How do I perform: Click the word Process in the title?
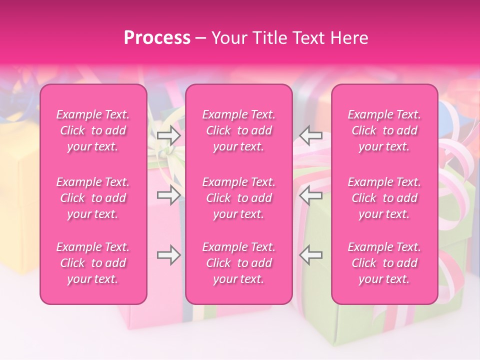click(157, 38)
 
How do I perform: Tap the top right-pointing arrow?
click(168, 135)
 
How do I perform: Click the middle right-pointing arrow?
click(168, 195)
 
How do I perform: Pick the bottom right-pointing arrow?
click(168, 255)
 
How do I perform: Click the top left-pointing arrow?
click(310, 135)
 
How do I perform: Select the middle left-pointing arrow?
click(310, 195)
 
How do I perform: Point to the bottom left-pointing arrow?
click(310, 255)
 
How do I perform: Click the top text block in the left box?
click(93, 130)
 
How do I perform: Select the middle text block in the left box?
click(93, 198)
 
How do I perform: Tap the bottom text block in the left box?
click(93, 263)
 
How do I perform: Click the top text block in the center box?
click(239, 130)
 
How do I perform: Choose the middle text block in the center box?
click(239, 198)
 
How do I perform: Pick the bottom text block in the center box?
click(239, 263)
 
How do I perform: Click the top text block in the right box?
click(384, 130)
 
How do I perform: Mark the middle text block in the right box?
click(384, 198)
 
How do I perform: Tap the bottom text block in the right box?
click(384, 263)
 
